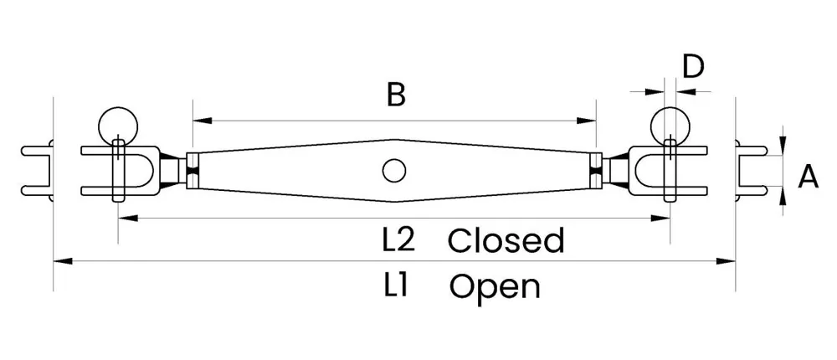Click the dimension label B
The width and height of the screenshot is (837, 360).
coord(396,95)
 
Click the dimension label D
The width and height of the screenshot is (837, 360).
coord(693,67)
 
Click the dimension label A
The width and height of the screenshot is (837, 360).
coord(808,177)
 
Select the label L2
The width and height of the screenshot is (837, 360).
coord(399,241)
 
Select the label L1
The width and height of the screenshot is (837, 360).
coord(396,285)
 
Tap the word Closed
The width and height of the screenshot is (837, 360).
coord(506,241)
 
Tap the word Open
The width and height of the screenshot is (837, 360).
coord(495,286)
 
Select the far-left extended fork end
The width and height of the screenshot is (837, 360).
coord(39,172)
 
